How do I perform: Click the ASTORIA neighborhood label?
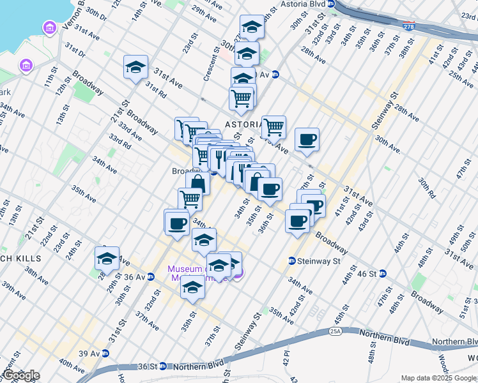(242, 124)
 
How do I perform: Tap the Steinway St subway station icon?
(291, 260)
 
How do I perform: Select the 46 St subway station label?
(364, 273)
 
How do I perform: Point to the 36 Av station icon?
(151, 277)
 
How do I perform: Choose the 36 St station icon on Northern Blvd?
(162, 366)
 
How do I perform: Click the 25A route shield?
(336, 332)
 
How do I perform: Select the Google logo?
(20, 375)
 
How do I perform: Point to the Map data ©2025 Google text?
(438, 378)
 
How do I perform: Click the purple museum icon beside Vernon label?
(49, 28)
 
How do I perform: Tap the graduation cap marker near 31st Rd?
(135, 67)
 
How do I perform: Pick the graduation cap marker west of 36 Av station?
(107, 258)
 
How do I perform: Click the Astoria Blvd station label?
(303, 4)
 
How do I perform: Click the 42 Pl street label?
(287, 358)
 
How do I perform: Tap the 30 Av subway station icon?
(275, 74)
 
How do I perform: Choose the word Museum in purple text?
(185, 269)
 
